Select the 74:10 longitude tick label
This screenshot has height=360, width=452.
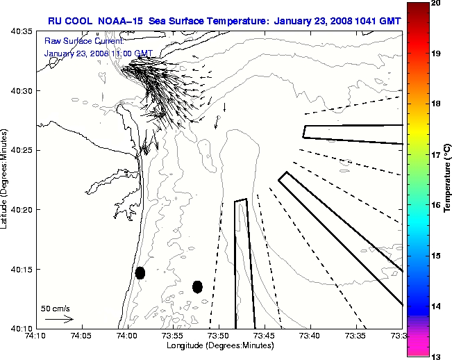coord(35,336)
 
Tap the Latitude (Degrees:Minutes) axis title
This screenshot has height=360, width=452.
coord(6,180)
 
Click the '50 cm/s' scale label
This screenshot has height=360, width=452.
coord(55,308)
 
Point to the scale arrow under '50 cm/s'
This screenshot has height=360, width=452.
coord(59,319)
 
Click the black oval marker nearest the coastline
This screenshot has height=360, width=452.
coord(140,272)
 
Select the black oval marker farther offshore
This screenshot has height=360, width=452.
coord(197,286)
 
